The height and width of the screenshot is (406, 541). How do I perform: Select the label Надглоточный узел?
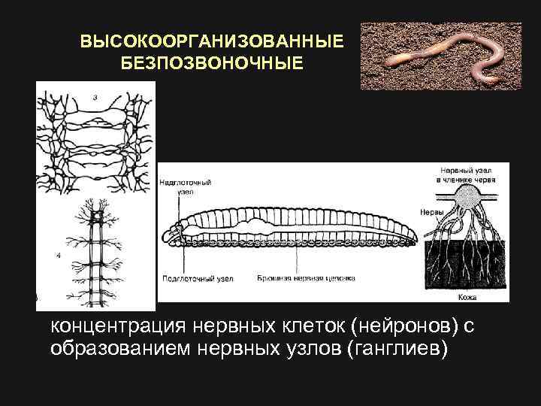(186, 186)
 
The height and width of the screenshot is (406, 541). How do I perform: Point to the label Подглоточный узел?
(198, 278)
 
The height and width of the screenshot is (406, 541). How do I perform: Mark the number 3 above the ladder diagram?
(95, 96)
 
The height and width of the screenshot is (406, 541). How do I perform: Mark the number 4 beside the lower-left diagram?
(59, 256)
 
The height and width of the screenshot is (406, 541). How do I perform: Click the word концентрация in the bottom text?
(117, 327)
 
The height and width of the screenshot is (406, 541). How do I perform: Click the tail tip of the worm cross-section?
(417, 232)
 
